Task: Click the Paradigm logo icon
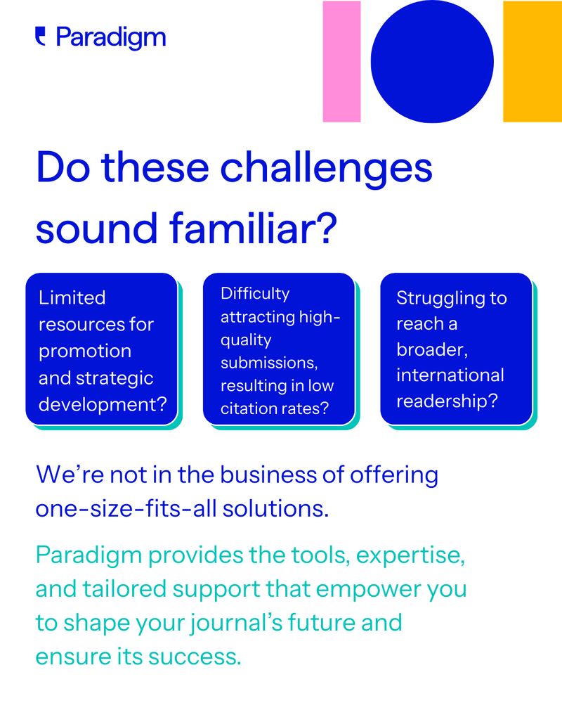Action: [x=40, y=37]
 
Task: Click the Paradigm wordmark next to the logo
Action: [x=111, y=38]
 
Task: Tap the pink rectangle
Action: [x=341, y=61]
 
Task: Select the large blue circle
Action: [x=432, y=61]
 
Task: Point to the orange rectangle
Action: [x=532, y=61]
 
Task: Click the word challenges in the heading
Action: [x=326, y=168]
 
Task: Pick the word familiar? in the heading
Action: [x=253, y=227]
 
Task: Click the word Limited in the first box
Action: [x=72, y=297]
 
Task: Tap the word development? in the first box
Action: [x=103, y=404]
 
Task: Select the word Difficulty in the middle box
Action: [x=255, y=294]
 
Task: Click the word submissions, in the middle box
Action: [x=269, y=363]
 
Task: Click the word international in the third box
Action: [x=450, y=375]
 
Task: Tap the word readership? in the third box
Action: [x=447, y=401]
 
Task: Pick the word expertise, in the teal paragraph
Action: [x=410, y=555]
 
